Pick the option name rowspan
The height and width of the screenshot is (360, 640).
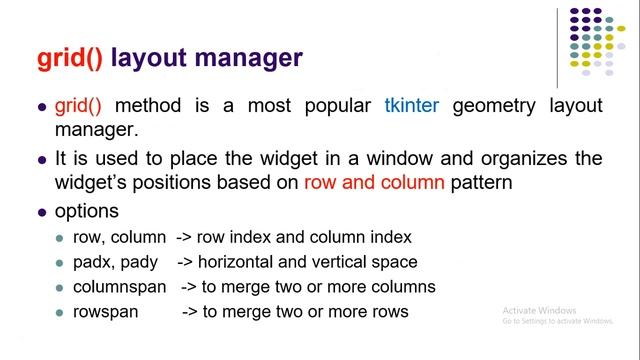tap(103, 312)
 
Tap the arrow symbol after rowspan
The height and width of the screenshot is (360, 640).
tap(190, 312)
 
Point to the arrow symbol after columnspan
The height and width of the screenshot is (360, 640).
tap(188, 287)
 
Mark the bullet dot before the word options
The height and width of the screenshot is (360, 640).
tap(42, 213)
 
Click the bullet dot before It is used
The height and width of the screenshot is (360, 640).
tap(42, 161)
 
